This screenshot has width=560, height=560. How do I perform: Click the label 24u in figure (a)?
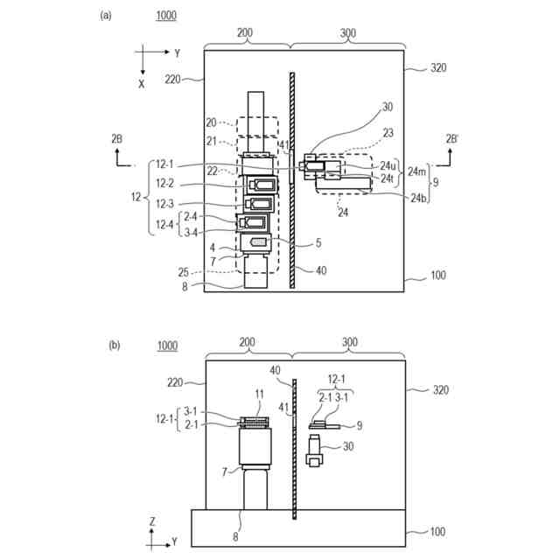[388, 165]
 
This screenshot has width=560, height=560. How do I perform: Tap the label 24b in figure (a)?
[418, 198]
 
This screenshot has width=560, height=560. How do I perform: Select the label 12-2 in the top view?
[165, 184]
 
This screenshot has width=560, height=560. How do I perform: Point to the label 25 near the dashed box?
[183, 272]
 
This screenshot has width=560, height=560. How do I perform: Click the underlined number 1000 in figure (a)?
[166, 16]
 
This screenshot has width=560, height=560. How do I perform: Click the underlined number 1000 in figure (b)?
[167, 346]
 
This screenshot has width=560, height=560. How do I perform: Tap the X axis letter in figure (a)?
[142, 84]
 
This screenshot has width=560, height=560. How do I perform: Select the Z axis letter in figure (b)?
[152, 521]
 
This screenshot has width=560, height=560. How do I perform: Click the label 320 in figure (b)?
[440, 389]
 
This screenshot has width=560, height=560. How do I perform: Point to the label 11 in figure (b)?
[260, 395]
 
